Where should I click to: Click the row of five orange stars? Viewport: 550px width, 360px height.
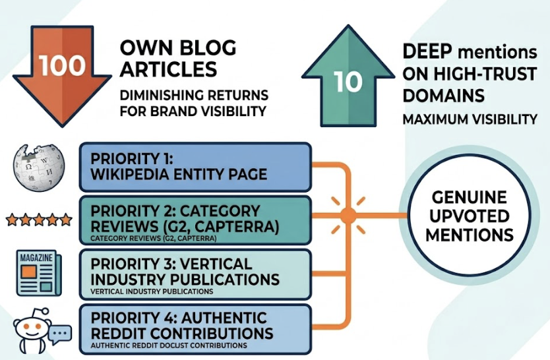(x=39, y=220)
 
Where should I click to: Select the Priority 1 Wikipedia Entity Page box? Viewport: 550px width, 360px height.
(x=195, y=167)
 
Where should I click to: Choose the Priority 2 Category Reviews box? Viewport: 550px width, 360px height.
(x=195, y=220)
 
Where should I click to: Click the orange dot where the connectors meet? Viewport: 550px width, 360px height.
(x=348, y=215)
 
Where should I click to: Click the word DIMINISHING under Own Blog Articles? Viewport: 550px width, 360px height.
(x=159, y=94)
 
